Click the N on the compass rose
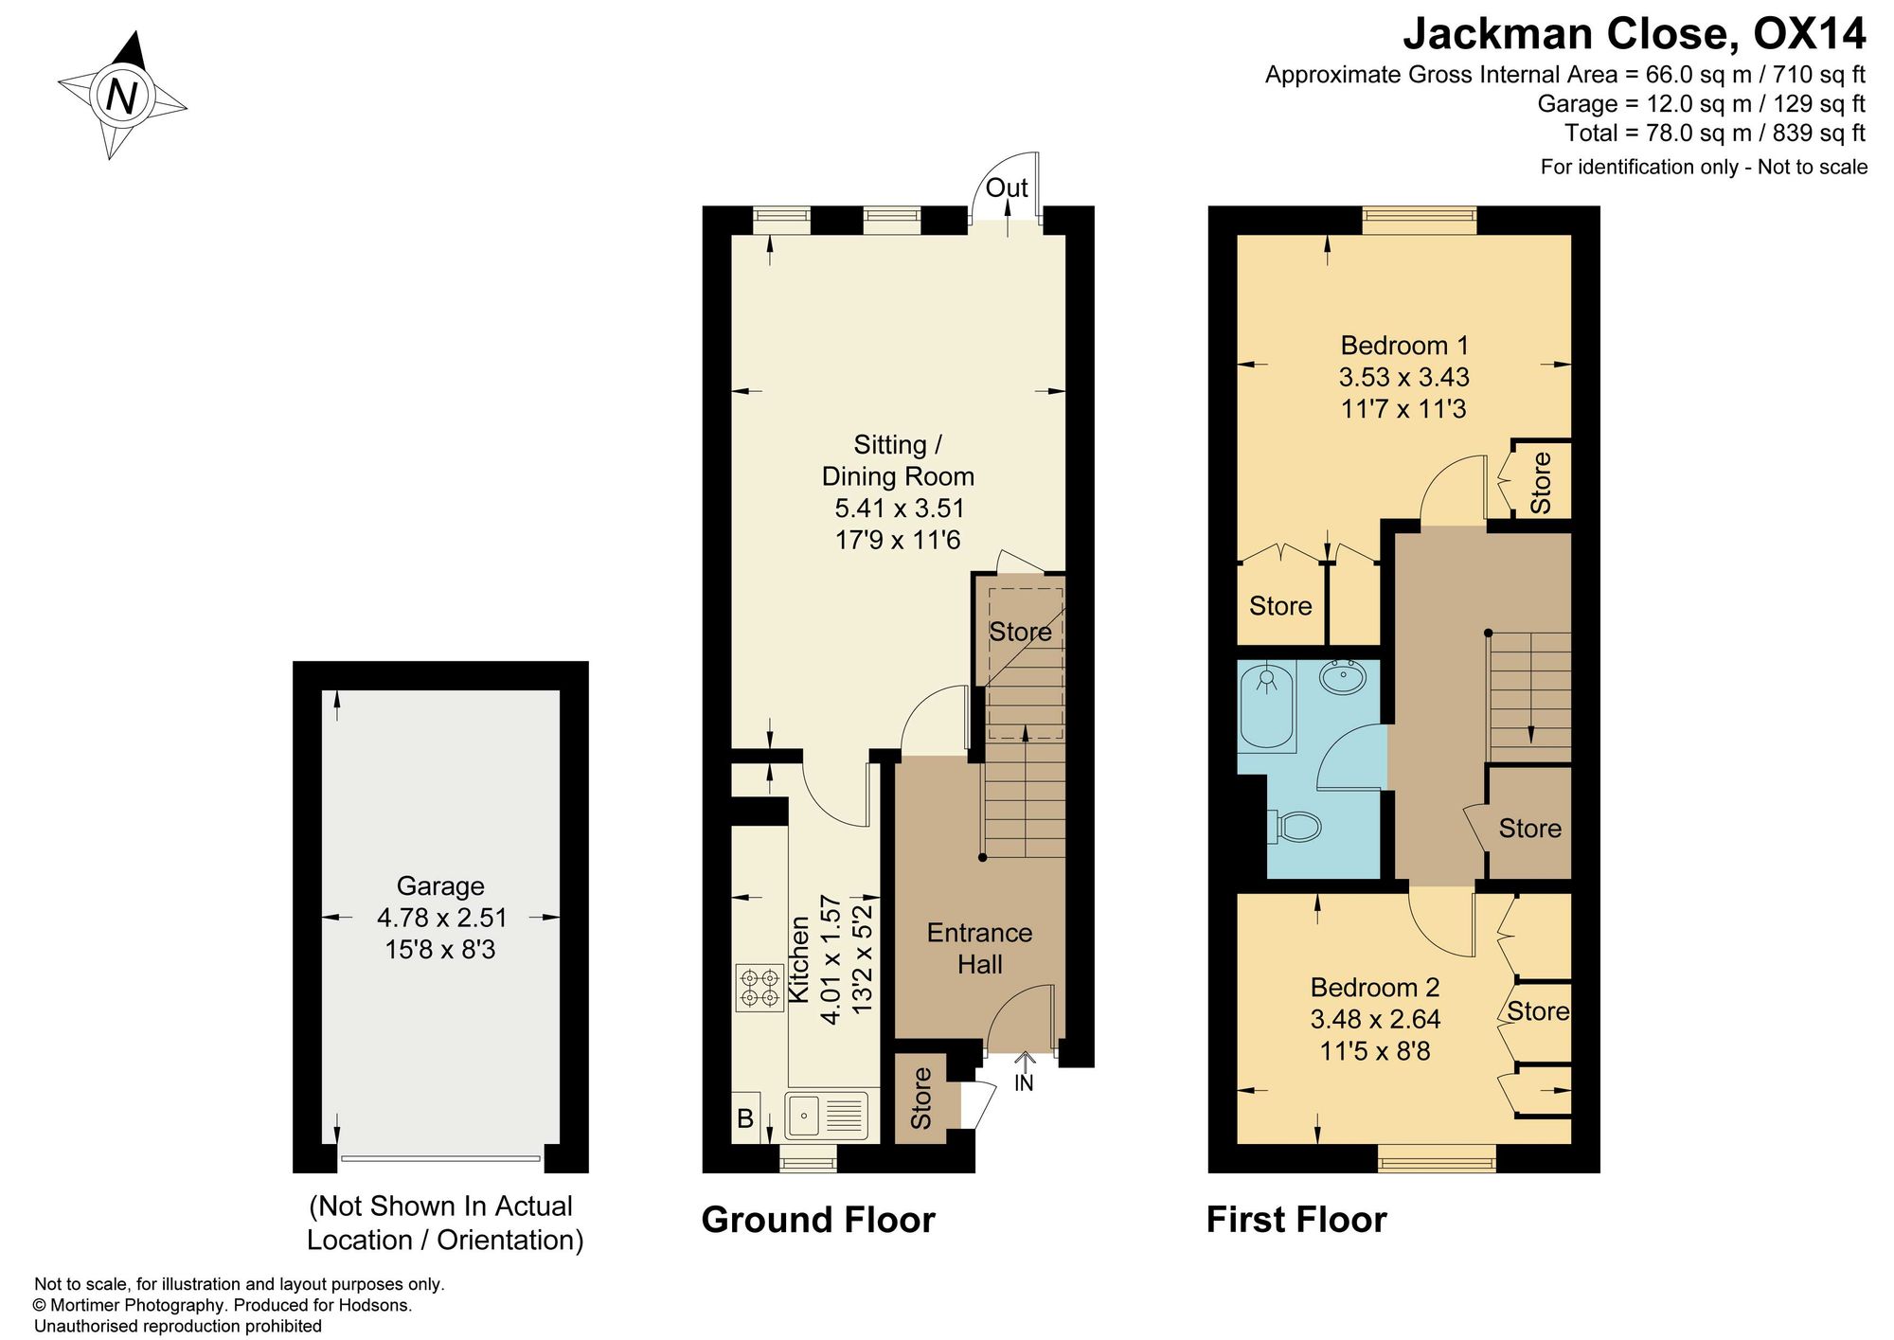[121, 96]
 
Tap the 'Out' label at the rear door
[1007, 188]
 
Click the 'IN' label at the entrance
[1024, 1083]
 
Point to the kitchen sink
[827, 1115]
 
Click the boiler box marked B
[745, 1118]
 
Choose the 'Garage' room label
[440, 885]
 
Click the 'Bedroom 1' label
[1404, 345]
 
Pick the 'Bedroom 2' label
[1375, 988]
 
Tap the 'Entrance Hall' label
[979, 948]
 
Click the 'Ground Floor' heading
[818, 1220]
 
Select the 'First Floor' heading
[1296, 1220]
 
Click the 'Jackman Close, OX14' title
[1635, 34]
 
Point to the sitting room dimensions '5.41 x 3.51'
[900, 509]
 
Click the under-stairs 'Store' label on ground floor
[1021, 632]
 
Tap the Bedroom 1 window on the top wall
[1420, 221]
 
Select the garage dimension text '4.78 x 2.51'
[442, 918]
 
